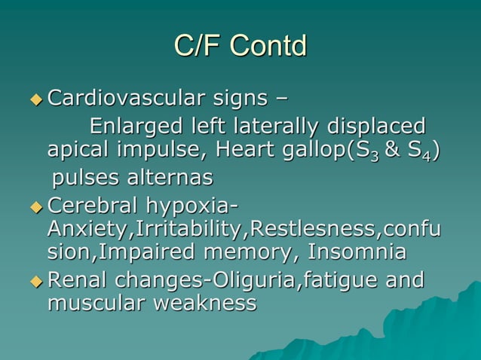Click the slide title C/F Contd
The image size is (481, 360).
[x=240, y=46]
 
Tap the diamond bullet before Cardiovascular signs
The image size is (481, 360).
[x=36, y=99]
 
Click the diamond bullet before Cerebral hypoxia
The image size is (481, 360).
[x=36, y=206]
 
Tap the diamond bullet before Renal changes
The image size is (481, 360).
[x=36, y=280]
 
